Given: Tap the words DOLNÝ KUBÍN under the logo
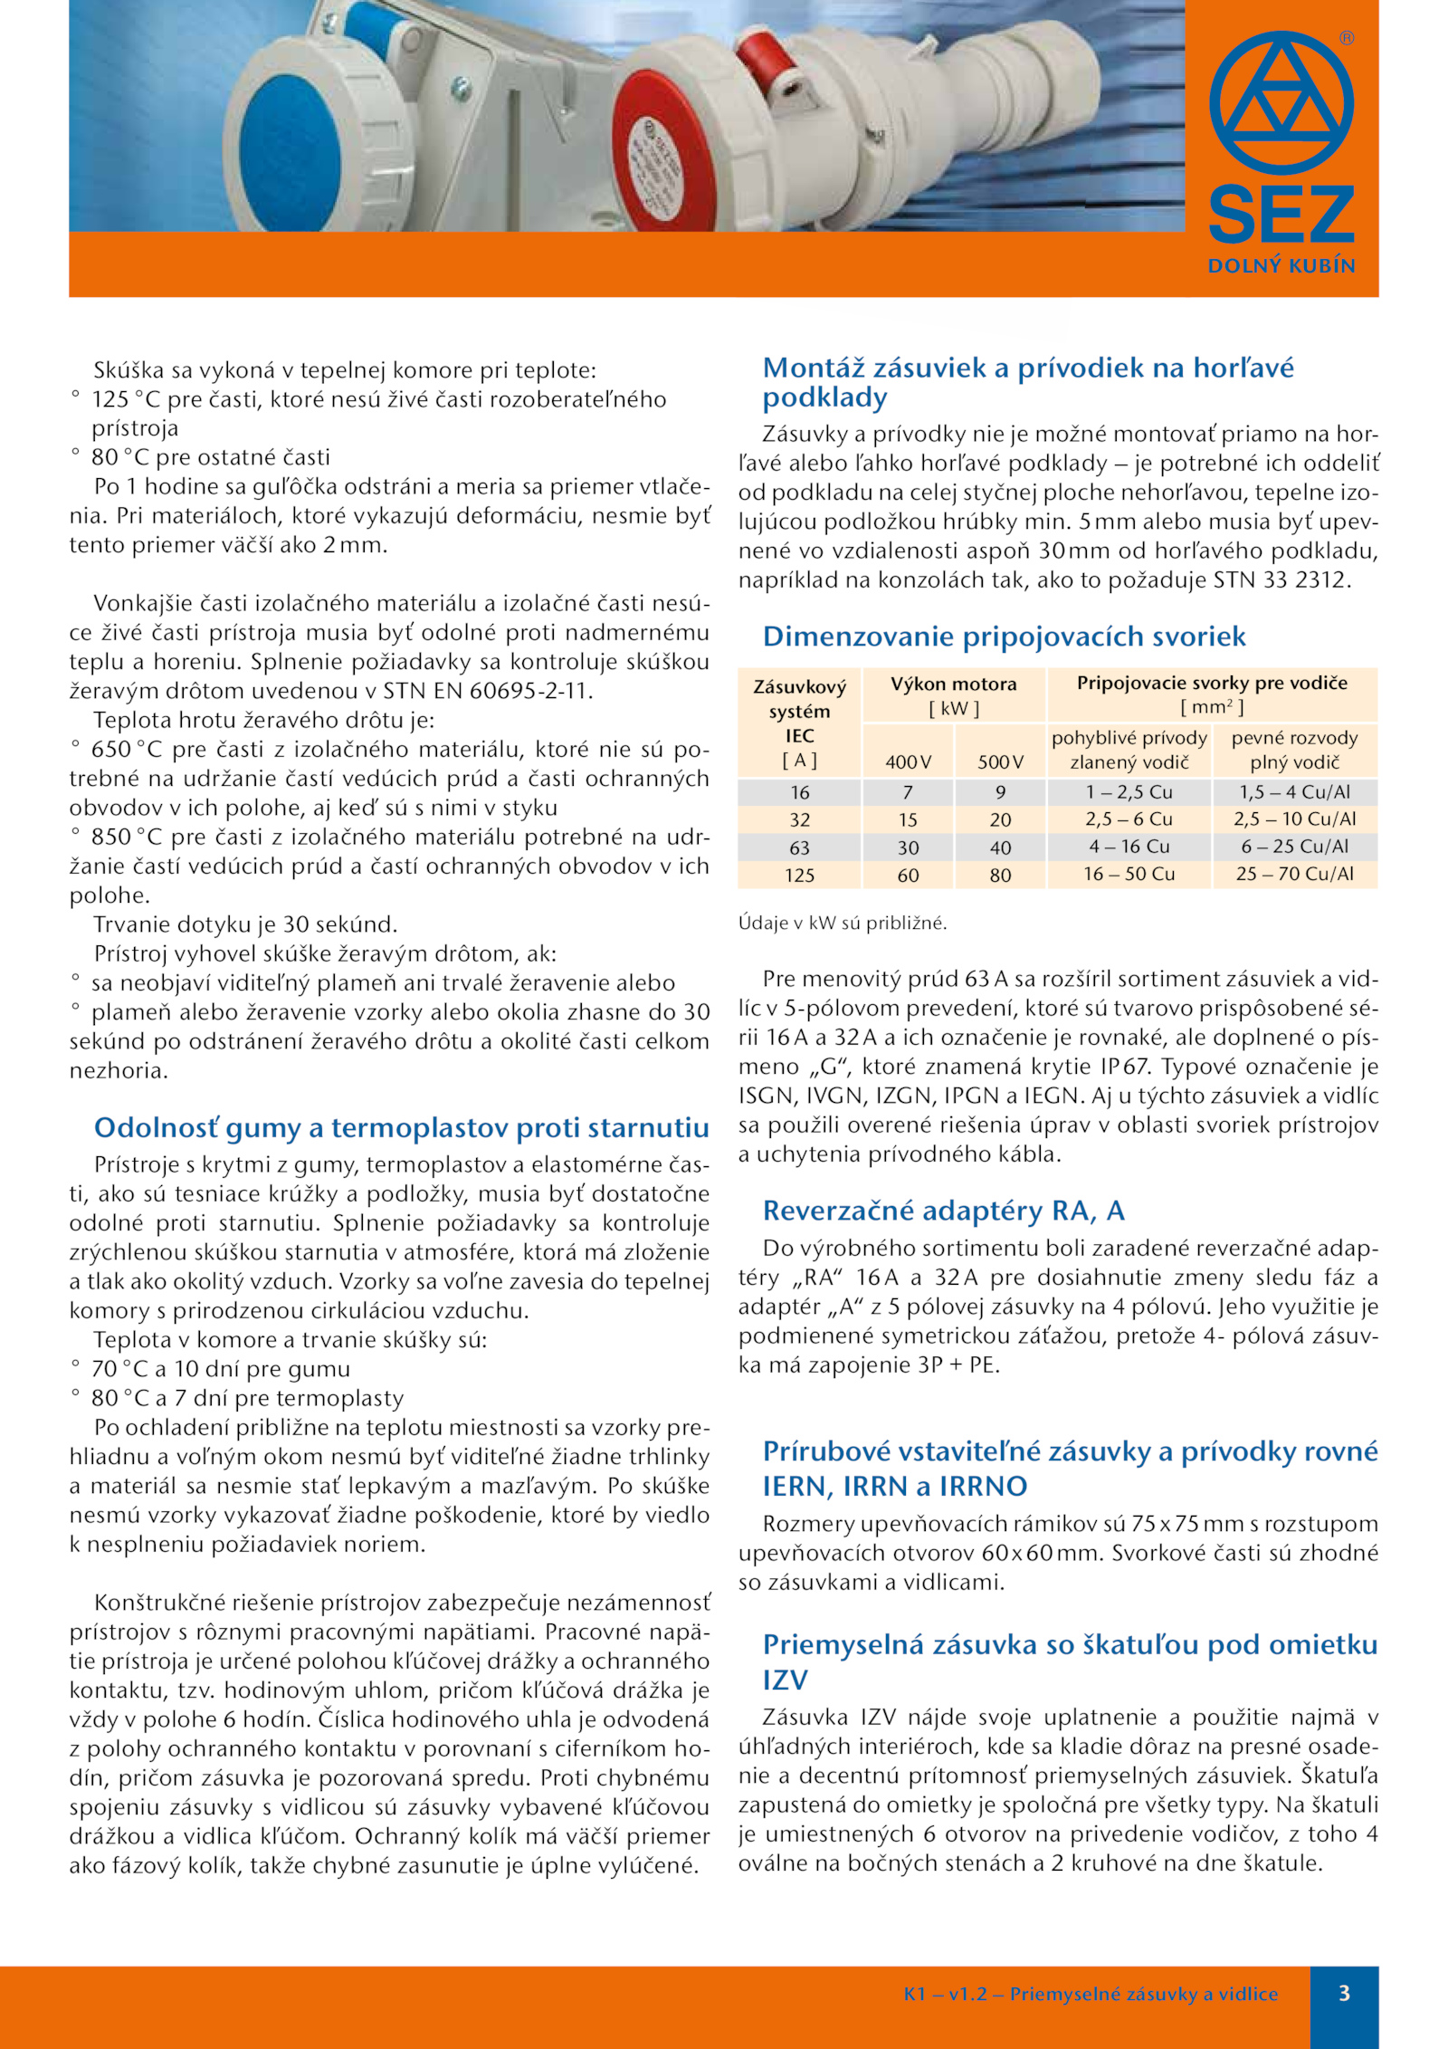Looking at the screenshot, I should tap(1281, 266).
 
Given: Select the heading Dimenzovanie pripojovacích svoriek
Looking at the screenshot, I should tap(1004, 637).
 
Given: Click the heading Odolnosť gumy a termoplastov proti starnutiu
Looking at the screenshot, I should tap(401, 1127).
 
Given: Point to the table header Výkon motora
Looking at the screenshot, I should tap(953, 684).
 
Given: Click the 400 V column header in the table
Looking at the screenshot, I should tap(908, 762).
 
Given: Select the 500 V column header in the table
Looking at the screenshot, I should tap(1000, 762).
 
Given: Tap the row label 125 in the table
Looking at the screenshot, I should tap(799, 876).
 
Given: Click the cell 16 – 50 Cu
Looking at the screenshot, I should tap(1129, 875).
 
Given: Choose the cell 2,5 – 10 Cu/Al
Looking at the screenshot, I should tap(1294, 819).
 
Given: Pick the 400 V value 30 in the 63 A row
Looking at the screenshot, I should tap(908, 848).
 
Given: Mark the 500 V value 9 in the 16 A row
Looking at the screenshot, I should tap(1000, 792).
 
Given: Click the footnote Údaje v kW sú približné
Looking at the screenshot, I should tap(842, 924).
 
